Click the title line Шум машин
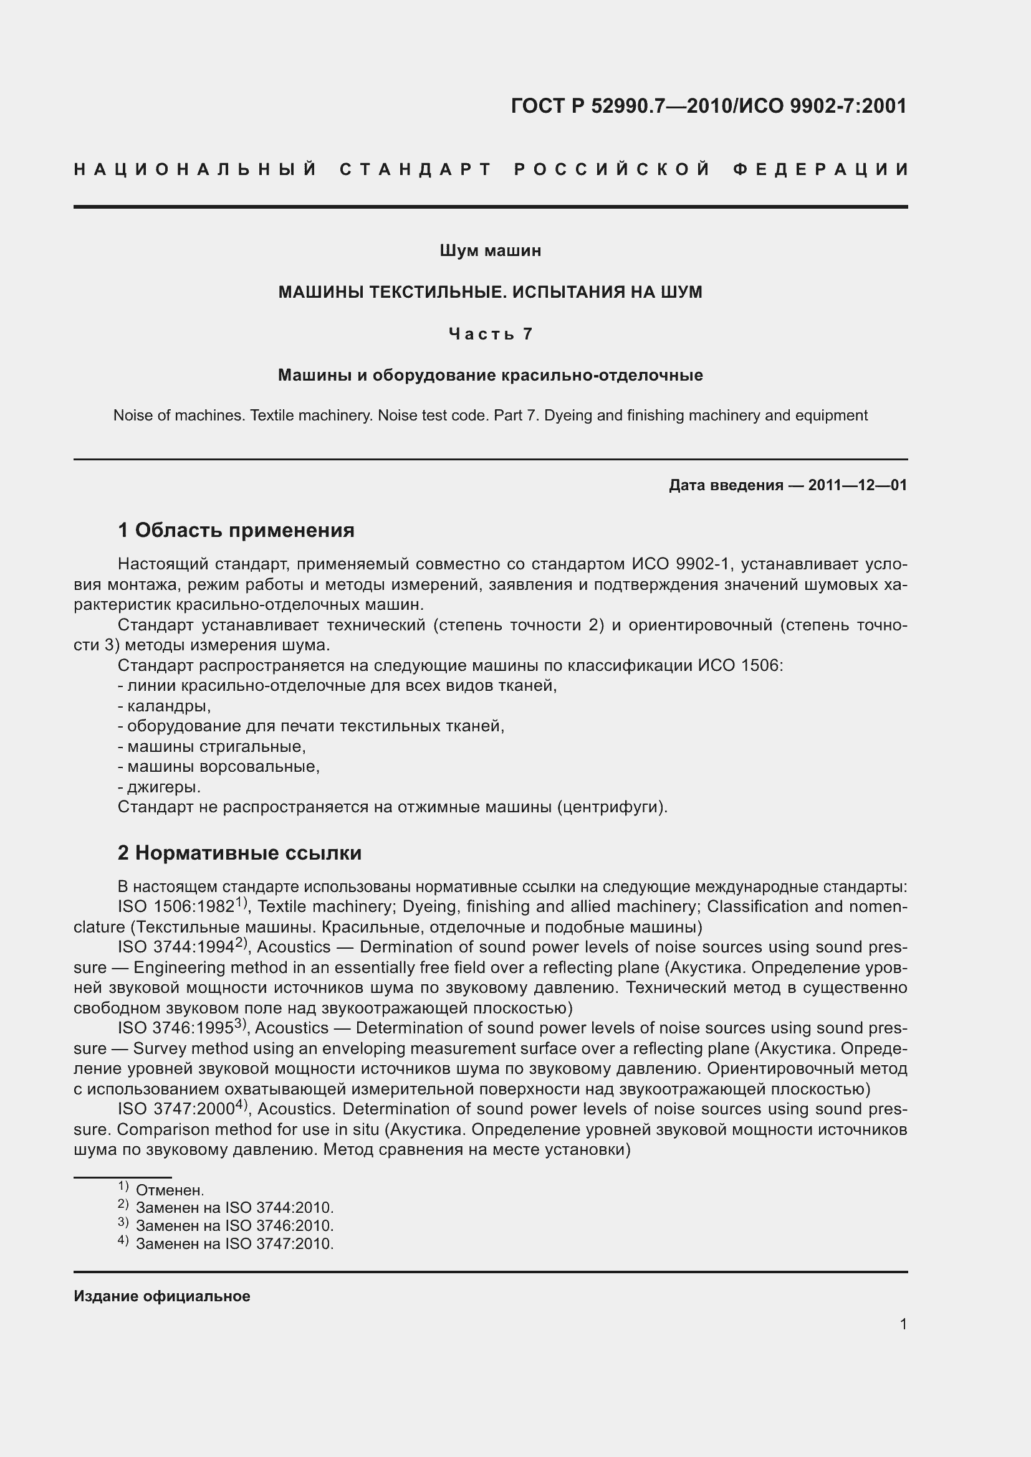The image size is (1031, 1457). (x=490, y=250)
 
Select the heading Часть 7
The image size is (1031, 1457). (x=490, y=334)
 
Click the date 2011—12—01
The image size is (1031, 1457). (x=857, y=485)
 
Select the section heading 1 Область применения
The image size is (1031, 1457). (x=236, y=530)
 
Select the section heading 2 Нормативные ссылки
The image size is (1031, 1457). (x=239, y=853)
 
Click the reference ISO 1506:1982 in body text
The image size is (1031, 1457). (x=176, y=907)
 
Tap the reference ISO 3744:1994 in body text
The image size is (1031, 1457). (x=176, y=947)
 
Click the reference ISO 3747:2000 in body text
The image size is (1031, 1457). (x=176, y=1109)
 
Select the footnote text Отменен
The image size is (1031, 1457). (x=170, y=1190)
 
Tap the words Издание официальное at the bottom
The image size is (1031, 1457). (x=162, y=1296)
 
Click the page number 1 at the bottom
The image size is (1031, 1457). (x=903, y=1324)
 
